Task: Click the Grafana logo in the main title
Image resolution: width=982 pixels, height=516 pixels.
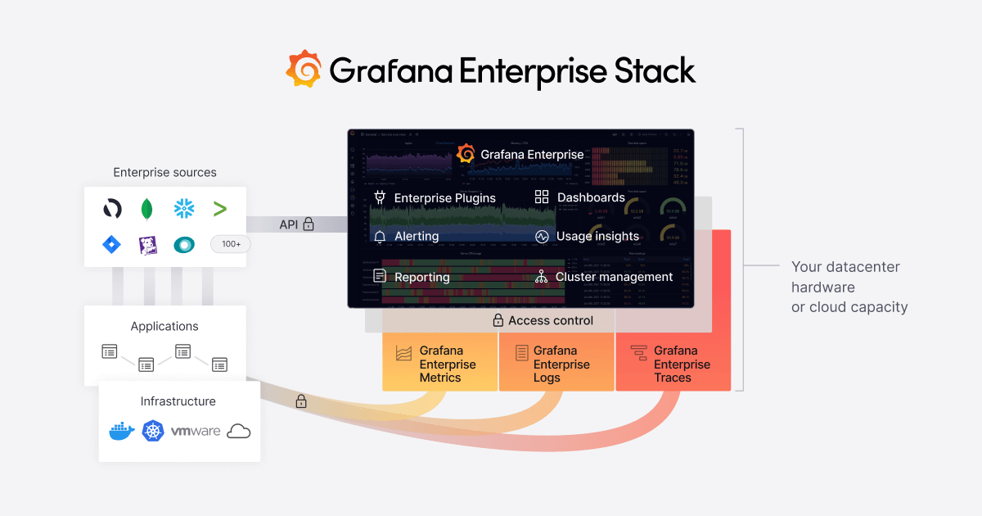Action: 304,69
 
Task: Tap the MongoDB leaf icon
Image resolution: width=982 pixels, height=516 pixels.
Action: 147,209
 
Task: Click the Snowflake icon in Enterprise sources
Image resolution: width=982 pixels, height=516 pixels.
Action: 184,209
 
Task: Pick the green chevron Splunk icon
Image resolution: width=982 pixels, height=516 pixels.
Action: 219,209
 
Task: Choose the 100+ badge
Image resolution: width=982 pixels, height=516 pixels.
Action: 230,244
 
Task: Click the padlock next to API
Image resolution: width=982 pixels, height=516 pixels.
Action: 309,224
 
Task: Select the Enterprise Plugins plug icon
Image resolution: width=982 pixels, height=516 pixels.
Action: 380,197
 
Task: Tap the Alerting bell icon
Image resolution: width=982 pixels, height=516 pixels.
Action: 380,237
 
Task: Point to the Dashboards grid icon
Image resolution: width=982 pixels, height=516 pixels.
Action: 542,197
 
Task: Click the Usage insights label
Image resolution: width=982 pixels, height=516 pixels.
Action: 597,237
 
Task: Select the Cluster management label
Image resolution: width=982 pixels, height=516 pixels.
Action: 614,277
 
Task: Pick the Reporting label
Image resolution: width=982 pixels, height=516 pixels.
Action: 421,278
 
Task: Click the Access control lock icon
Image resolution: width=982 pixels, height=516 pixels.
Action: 498,321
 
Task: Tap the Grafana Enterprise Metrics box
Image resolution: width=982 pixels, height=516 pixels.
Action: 440,364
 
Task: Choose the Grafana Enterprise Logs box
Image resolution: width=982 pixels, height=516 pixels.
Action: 556,364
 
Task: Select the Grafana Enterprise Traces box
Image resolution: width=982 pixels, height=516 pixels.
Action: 673,364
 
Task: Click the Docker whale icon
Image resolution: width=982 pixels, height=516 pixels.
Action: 121,431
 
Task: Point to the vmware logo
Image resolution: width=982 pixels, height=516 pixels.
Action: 195,431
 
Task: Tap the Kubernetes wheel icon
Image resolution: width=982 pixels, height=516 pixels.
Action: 153,431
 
